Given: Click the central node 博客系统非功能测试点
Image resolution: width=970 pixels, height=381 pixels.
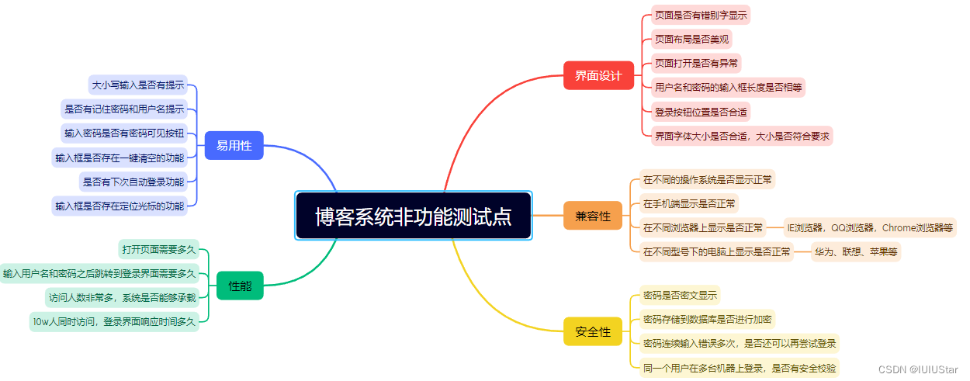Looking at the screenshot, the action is pyautogui.click(x=414, y=216).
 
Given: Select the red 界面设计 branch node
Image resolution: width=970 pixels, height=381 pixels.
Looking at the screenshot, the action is pyautogui.click(x=598, y=76).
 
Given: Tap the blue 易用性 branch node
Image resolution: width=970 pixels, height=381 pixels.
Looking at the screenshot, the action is pyautogui.click(x=234, y=145).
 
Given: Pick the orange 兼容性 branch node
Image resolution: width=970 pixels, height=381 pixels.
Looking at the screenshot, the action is pyautogui.click(x=593, y=216).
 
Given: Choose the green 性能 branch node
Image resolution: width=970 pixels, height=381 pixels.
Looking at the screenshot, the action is pyautogui.click(x=240, y=286).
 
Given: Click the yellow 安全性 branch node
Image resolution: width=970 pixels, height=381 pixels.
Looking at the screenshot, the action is pyautogui.click(x=593, y=331).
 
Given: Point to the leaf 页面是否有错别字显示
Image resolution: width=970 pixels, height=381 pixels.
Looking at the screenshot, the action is pyautogui.click(x=701, y=15).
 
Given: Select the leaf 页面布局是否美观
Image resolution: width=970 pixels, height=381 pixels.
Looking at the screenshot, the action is pyautogui.click(x=691, y=39).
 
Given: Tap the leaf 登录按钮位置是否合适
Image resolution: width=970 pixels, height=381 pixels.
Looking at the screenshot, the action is pyautogui.click(x=701, y=112).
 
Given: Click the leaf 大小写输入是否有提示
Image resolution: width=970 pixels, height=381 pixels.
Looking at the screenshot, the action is pyautogui.click(x=138, y=85).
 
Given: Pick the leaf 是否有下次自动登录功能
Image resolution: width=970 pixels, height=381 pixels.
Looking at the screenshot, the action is pyautogui.click(x=133, y=182).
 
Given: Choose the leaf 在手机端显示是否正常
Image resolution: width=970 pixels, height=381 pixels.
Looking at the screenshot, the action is pyautogui.click(x=689, y=203).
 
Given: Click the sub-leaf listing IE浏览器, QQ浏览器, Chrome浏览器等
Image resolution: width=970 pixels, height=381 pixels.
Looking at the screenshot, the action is pyautogui.click(x=870, y=227).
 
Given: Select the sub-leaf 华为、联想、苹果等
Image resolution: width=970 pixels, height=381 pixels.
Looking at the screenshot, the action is pyautogui.click(x=855, y=251).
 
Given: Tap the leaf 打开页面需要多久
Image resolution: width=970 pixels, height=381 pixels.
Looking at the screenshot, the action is pyautogui.click(x=159, y=249).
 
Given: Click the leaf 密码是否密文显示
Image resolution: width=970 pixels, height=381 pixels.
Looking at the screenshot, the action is pyautogui.click(x=680, y=295).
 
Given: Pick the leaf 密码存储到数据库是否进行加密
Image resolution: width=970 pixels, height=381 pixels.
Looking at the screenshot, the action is pyautogui.click(x=706, y=319).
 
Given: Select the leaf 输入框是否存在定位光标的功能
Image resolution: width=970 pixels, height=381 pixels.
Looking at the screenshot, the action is pyautogui.click(x=120, y=206).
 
